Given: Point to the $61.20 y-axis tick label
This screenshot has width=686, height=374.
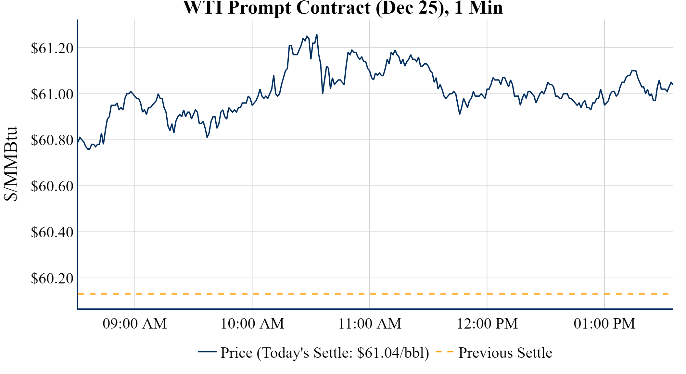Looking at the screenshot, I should (x=52, y=48).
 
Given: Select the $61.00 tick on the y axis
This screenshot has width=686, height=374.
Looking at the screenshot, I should (x=52, y=94).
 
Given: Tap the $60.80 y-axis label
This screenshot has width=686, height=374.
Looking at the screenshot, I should (x=52, y=140).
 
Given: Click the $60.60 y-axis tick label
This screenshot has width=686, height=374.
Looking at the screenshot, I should (x=52, y=186).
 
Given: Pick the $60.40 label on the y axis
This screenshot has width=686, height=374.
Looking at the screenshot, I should (x=52, y=232).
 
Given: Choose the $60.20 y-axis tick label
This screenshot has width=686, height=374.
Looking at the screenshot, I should (x=52, y=279).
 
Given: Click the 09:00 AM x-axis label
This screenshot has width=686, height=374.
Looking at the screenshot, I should (x=135, y=324).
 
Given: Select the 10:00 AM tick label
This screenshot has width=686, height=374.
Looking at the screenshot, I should (x=252, y=324).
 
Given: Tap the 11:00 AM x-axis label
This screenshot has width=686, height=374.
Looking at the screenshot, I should (x=370, y=324).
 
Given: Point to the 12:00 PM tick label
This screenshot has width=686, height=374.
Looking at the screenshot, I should (x=487, y=324).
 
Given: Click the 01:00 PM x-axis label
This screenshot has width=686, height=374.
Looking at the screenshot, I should (x=604, y=324).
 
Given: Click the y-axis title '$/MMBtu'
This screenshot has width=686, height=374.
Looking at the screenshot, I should (x=11, y=164).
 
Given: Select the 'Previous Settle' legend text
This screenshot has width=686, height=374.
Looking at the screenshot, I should (x=505, y=353).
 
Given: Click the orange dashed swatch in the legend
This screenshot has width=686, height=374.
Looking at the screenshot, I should (x=444, y=352).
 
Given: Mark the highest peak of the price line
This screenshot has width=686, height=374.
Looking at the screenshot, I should (x=317, y=34).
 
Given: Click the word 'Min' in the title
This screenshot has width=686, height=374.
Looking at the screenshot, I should (x=486, y=8).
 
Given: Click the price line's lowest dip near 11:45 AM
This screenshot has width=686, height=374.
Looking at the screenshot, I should (x=460, y=114).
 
